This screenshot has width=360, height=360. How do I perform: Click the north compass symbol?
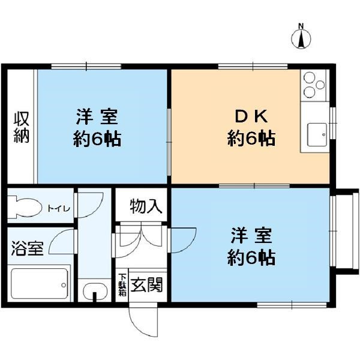[x=301, y=38]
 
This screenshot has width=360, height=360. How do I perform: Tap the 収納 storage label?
[x=22, y=127]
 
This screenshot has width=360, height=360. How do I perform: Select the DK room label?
[x=251, y=116]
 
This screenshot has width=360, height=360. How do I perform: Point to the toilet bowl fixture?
[x=25, y=208]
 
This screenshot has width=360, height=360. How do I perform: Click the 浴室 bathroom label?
[x=28, y=248]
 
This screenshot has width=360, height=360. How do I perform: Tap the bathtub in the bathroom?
[x=40, y=284]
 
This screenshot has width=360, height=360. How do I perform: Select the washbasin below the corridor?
[x=95, y=290]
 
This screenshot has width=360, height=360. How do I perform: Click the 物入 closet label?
[x=146, y=206]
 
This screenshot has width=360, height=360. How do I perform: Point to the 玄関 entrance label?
[x=146, y=284]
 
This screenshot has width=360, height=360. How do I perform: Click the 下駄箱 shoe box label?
[x=122, y=284]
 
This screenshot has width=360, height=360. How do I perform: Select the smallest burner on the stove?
[x=320, y=85]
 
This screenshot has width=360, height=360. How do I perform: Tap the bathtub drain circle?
[x=64, y=286]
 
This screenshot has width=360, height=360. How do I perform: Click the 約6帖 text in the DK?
[x=251, y=138]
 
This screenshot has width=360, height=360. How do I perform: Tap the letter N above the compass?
[x=301, y=26]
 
